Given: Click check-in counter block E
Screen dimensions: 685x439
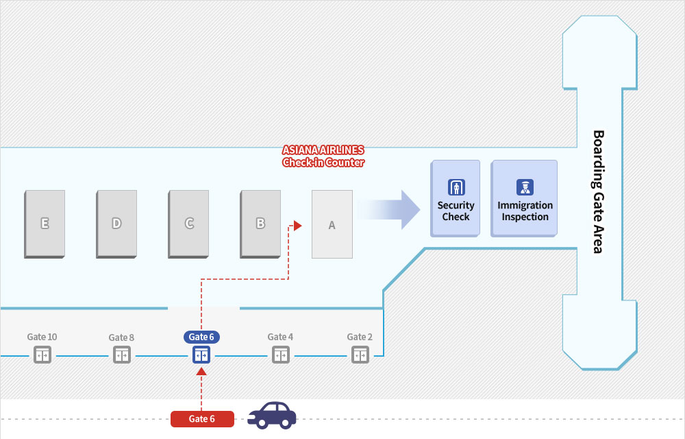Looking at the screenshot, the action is pyautogui.click(x=45, y=224).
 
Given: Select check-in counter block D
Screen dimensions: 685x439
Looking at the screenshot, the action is pyautogui.click(x=116, y=224).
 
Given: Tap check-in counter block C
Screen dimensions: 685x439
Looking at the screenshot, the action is pyautogui.click(x=188, y=224).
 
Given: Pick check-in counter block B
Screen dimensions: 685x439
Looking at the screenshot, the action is pyautogui.click(x=260, y=224).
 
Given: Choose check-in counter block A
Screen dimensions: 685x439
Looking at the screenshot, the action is pyautogui.click(x=332, y=224).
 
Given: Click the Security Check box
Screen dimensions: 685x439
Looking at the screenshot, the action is pyautogui.click(x=456, y=198).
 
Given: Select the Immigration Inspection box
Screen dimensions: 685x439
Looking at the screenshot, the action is pyautogui.click(x=524, y=198).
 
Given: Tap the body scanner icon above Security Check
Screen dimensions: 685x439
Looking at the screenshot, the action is pyautogui.click(x=456, y=187).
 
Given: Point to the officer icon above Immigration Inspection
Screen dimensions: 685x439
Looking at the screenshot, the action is pyautogui.click(x=525, y=187).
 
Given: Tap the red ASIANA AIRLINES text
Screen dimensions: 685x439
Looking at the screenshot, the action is pyautogui.click(x=323, y=150).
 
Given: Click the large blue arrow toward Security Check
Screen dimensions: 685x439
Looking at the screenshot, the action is pyautogui.click(x=388, y=210).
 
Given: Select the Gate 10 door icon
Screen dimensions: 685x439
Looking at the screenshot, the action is pyautogui.click(x=42, y=355).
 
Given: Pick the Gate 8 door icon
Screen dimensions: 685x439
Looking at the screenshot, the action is pyautogui.click(x=122, y=355).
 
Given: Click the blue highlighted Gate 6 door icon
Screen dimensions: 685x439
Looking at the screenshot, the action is pyautogui.click(x=201, y=355).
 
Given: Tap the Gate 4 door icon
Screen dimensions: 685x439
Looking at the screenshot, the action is pyautogui.click(x=281, y=355).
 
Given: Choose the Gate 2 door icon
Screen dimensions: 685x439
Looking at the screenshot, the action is pyautogui.click(x=360, y=355).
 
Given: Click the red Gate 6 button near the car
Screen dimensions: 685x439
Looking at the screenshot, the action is pyautogui.click(x=202, y=419).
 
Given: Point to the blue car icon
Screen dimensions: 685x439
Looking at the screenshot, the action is pyautogui.click(x=272, y=416).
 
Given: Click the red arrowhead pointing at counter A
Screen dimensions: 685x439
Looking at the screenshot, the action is pyautogui.click(x=297, y=226).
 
